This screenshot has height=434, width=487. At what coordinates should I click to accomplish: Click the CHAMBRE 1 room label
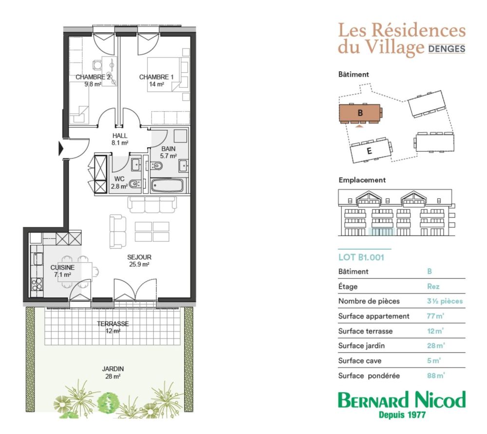[x=156, y=77]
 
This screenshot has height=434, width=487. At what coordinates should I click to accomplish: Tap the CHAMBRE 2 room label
[x=93, y=77]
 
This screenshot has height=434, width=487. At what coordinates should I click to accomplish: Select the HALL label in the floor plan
[x=120, y=136]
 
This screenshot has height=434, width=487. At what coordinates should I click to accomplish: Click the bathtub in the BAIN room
[x=167, y=186]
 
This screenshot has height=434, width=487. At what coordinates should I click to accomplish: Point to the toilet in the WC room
[x=135, y=184]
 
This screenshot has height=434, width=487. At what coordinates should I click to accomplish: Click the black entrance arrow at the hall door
[x=61, y=149]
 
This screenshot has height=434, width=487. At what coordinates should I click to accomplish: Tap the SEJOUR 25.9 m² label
[x=139, y=261]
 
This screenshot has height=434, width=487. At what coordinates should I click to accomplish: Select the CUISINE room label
[x=62, y=268]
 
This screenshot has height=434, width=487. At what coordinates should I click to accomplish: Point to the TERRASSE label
[x=113, y=324]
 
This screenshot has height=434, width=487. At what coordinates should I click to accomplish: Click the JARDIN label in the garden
[x=113, y=369]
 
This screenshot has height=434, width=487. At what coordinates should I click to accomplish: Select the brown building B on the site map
[x=360, y=113]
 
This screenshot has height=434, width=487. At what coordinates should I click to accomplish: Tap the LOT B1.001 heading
[x=361, y=257]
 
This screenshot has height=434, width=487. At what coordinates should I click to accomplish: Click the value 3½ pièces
[x=445, y=301]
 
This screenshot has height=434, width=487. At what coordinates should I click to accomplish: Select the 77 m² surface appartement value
[x=435, y=316]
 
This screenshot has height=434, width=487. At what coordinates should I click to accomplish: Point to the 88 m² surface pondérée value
[x=436, y=376]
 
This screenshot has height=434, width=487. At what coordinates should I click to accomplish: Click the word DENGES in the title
[x=447, y=49]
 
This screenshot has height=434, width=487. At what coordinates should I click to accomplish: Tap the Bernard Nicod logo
[x=402, y=400]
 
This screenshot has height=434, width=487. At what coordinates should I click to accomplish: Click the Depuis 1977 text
[x=402, y=414]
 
